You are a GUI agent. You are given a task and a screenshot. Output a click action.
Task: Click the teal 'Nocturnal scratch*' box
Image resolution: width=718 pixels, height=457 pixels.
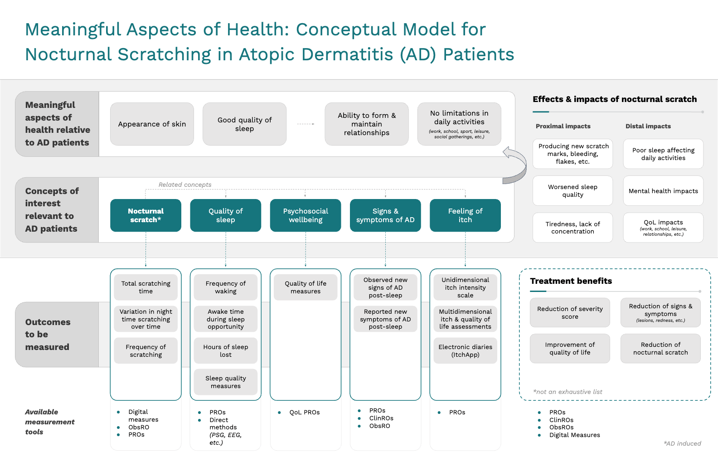146,215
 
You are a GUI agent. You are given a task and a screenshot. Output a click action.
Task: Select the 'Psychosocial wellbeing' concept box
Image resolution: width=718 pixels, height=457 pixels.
306,215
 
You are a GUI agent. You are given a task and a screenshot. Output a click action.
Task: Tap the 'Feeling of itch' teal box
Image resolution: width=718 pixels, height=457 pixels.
465,215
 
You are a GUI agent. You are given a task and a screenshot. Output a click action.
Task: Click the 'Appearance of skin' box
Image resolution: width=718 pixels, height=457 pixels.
152,124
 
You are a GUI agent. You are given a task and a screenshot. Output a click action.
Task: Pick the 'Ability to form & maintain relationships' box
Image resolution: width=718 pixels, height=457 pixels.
367,124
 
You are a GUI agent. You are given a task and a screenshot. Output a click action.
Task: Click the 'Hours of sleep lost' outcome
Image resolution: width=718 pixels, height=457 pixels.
226,350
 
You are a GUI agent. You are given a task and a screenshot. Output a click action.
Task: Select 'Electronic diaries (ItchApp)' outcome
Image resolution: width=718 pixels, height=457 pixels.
465,350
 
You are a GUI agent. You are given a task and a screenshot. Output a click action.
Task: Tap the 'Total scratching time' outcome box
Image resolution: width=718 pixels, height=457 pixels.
146,287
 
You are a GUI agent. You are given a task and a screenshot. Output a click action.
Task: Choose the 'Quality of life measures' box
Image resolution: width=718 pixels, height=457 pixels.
306,287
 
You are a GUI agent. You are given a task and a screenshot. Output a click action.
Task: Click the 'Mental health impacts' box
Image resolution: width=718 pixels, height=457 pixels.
663,191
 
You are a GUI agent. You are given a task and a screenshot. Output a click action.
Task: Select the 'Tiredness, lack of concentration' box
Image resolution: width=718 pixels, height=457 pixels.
573,228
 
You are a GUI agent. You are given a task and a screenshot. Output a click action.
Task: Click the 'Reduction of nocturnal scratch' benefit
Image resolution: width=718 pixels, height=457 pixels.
660,348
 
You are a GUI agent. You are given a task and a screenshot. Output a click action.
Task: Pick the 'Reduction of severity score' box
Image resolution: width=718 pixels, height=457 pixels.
570,313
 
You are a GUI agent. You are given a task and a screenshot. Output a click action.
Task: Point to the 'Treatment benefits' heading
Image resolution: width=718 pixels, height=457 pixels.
571,281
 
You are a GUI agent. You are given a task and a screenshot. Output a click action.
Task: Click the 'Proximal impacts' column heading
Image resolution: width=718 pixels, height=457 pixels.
563,126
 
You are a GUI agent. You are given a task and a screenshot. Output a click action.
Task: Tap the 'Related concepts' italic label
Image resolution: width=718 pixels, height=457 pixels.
185,185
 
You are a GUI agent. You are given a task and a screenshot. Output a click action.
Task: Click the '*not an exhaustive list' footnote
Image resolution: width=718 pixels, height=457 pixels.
568,392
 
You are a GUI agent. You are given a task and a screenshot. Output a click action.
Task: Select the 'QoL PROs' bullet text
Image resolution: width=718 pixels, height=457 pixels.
305,412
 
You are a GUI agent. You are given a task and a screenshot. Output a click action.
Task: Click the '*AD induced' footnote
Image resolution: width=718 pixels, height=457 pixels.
683,443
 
